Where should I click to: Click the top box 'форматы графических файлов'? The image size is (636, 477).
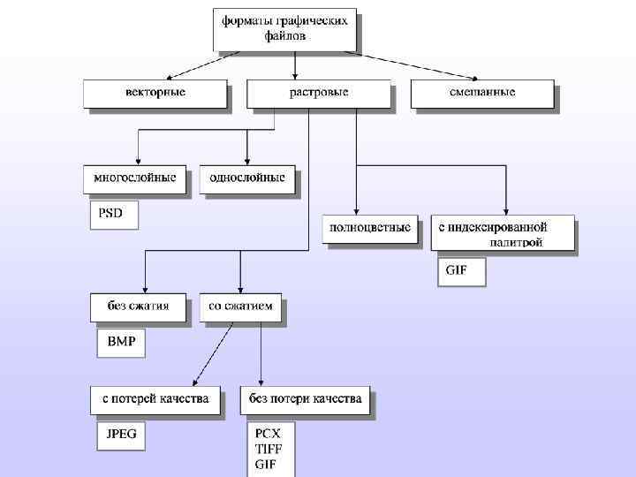(284, 28)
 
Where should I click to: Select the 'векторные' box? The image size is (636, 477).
(155, 93)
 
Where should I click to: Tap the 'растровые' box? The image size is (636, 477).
(318, 93)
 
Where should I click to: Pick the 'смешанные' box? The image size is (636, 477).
(481, 93)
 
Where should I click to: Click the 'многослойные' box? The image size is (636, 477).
(135, 178)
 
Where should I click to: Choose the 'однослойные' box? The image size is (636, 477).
(246, 178)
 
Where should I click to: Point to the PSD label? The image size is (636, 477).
(112, 215)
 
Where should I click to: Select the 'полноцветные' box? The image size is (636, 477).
(369, 229)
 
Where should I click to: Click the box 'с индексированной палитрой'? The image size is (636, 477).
(502, 234)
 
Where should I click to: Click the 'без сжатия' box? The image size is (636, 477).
(139, 307)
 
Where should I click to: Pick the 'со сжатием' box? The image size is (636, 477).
(240, 307)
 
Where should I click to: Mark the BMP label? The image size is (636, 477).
(121, 343)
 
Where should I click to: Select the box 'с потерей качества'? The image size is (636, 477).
(155, 399)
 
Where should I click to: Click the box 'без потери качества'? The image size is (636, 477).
(306, 399)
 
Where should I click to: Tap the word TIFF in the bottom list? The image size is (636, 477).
(269, 450)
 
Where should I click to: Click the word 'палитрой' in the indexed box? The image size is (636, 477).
(516, 241)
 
